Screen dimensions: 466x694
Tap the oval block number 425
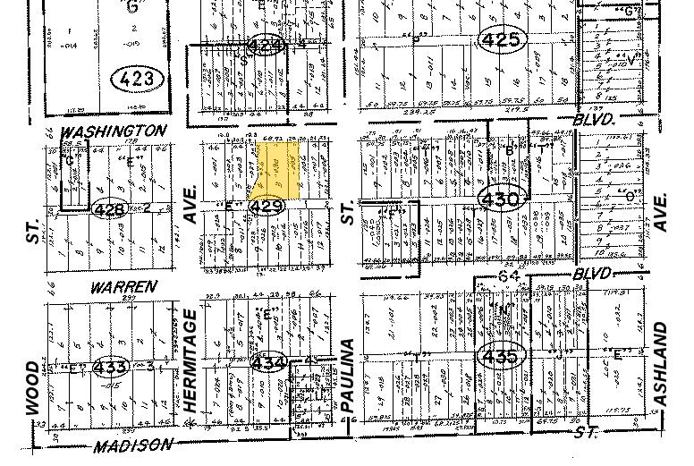pos(499,39)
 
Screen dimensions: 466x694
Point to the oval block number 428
pos(108,209)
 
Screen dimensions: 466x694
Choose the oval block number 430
pos(499,199)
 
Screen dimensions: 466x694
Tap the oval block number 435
pos(499,356)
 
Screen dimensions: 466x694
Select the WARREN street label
pos(123,287)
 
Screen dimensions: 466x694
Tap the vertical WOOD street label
pos(33,386)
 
